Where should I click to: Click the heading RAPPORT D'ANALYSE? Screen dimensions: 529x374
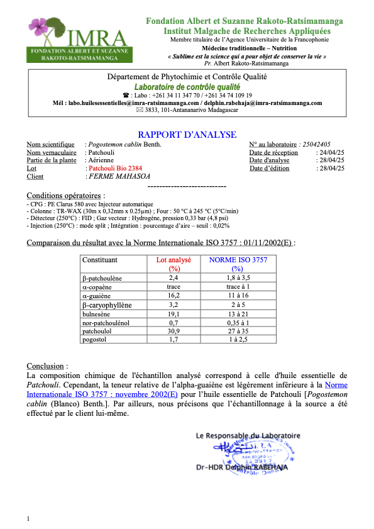click(x=187, y=135)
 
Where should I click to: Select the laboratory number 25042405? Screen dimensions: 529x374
click(x=320, y=144)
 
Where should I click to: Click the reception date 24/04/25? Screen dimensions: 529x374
click(x=333, y=152)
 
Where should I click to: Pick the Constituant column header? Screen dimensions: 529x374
click(x=100, y=260)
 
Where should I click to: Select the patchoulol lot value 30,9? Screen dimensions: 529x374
click(x=174, y=331)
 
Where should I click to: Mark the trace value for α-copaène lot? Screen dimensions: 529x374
click(x=174, y=286)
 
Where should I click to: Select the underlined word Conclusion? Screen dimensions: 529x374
click(x=46, y=366)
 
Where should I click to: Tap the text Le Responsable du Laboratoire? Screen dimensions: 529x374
click(x=248, y=435)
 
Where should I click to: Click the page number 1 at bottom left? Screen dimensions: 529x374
click(x=28, y=518)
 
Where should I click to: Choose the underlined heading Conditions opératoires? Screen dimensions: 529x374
click(x=62, y=196)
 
